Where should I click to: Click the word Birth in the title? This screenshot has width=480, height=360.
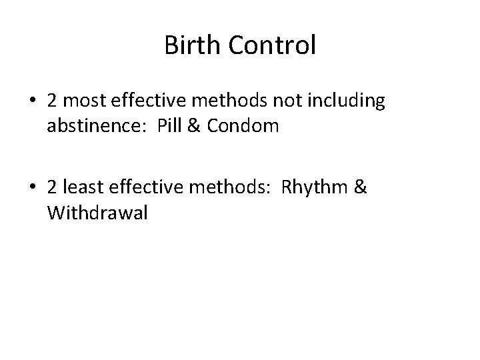(x=189, y=46)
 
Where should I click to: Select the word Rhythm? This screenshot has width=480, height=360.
(x=311, y=189)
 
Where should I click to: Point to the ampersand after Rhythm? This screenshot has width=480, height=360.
(x=359, y=189)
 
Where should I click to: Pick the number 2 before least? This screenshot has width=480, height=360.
(x=51, y=189)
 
